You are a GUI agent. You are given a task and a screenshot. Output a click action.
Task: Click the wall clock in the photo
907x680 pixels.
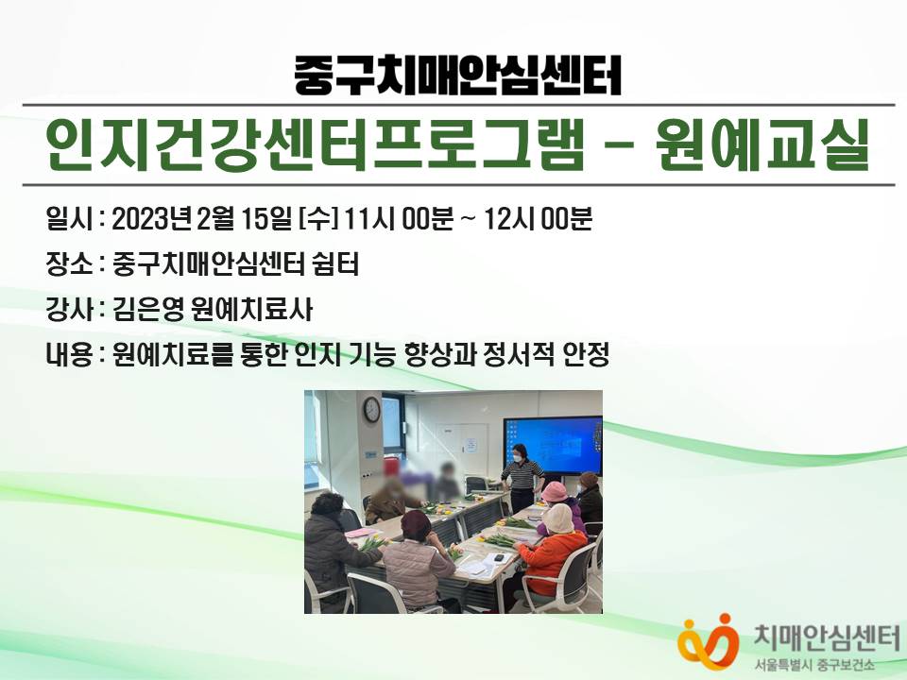(371, 409)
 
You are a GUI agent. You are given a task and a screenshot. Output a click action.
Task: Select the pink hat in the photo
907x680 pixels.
(555, 492)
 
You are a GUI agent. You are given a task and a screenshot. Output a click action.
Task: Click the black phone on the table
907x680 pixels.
(498, 558)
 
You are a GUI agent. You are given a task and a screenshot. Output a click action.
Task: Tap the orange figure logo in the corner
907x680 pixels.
(708, 642)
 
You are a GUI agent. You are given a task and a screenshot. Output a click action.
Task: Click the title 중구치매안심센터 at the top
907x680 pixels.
(457, 76)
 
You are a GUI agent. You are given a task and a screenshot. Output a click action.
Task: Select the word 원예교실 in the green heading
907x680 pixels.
(763, 144)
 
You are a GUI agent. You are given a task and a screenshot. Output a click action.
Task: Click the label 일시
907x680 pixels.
(69, 219)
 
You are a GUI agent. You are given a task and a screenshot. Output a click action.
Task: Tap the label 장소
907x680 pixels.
(69, 264)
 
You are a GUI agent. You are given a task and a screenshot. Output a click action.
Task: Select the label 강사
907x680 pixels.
(69, 310)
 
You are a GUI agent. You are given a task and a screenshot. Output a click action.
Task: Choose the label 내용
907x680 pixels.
(69, 354)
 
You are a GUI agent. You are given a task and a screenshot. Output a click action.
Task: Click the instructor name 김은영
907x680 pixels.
(148, 310)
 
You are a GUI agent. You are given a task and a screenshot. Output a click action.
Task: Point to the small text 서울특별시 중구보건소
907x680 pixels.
(818, 666)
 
